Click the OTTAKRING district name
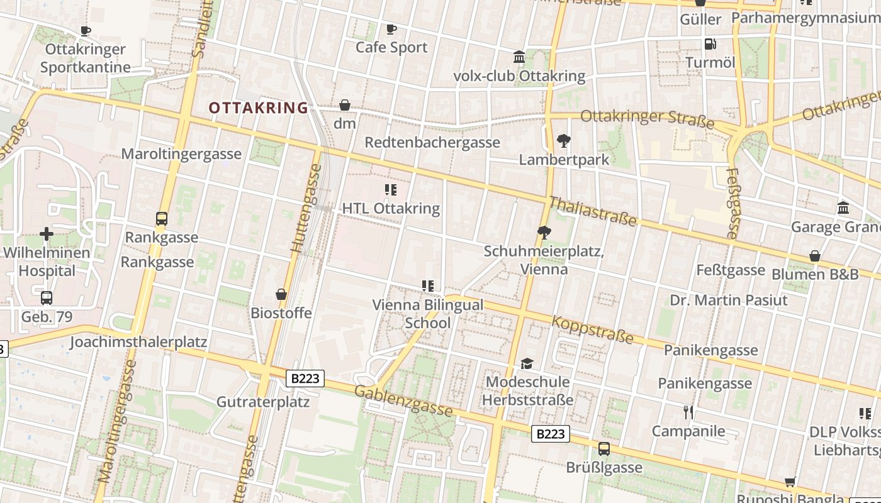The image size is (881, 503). point(259,108)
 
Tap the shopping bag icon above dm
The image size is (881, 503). point(345,105)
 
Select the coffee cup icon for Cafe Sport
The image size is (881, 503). point(391,29)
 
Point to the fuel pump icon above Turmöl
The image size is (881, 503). point(710,43)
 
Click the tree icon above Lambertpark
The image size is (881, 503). point(564,141)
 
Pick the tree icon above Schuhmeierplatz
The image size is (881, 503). point(544,233)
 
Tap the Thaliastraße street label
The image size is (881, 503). point(593,211)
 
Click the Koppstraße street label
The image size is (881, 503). point(592,329)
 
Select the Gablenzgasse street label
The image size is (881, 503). point(403,401)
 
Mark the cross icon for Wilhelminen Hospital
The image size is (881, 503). point(47,235)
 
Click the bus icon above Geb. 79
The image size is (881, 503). point(47,298)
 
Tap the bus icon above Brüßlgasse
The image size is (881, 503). point(604,449)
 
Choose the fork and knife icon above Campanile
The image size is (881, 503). point(688,412)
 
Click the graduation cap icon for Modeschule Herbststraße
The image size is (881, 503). point(527,364)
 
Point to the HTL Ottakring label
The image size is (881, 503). point(391,208)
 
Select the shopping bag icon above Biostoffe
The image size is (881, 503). point(281,294)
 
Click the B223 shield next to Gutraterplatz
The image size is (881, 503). point(305,379)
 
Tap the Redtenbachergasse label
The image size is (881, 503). point(432,143)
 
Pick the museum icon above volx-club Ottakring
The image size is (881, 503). point(519,58)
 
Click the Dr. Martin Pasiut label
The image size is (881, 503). point(728,300)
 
